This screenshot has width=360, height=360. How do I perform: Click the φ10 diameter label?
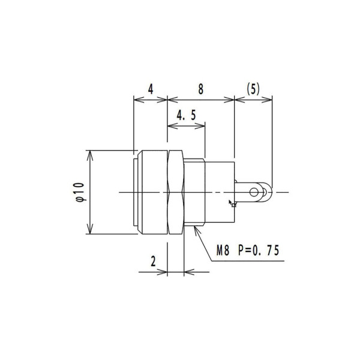pyautogui.click(x=79, y=192)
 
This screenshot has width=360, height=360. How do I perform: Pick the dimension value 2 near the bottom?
pyautogui.click(x=154, y=261)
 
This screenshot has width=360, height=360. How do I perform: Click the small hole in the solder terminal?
pyautogui.click(x=256, y=192)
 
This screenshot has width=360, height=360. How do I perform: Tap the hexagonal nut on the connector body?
pyautogui.click(x=175, y=192)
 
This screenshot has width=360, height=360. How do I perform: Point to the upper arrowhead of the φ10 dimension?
pyautogui.click(x=90, y=152)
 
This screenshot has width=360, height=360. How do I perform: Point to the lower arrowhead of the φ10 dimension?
pyautogui.click(x=90, y=232)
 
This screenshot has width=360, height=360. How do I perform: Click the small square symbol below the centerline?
pyautogui.click(x=234, y=204)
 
